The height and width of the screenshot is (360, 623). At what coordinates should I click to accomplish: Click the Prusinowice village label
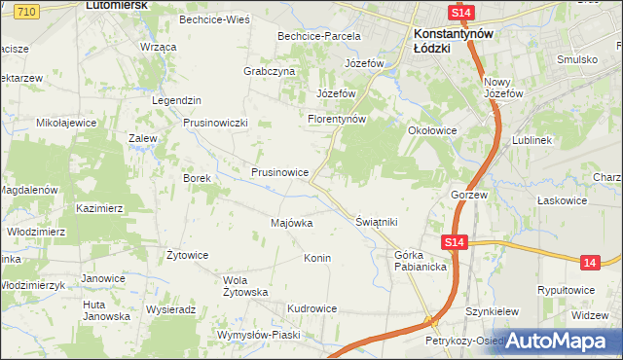coord(279,172)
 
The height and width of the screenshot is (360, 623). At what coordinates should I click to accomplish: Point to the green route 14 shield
coord(589,262)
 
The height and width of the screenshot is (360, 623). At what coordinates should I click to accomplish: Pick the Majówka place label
coord(291,223)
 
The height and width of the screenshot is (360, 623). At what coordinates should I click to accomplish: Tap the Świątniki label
coord(377,222)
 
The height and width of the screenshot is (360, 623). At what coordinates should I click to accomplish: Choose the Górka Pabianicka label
coord(420,261)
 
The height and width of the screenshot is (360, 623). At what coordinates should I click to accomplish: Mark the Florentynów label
coord(336,119)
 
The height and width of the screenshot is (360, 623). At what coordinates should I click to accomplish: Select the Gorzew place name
coord(468,195)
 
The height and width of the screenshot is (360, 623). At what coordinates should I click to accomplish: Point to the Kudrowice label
coord(311,308)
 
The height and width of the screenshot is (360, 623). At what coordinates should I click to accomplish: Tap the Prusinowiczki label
coord(217,123)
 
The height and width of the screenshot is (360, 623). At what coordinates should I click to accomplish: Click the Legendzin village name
coord(176,100)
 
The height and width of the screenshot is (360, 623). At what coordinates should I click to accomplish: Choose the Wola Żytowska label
coord(245,286)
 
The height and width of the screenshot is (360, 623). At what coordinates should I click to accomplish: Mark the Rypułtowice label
coord(571,290)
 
